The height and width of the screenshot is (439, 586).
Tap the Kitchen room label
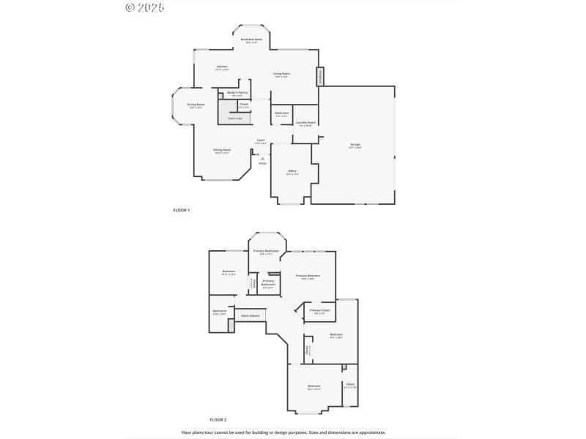click(222, 67)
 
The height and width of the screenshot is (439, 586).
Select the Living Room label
click(281, 73)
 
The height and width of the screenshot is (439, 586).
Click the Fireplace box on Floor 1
click(319, 77)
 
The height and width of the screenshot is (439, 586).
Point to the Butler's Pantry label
click(237, 92)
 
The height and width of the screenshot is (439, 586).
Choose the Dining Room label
click(196, 105)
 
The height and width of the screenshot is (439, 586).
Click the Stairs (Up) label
click(234, 118)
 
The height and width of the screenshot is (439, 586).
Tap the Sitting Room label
click(222, 150)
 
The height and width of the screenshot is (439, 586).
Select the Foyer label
click(260, 139)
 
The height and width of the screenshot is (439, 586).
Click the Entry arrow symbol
click(262, 158)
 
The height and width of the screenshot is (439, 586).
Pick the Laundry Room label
click(306, 122)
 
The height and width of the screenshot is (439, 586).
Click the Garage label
click(355, 145)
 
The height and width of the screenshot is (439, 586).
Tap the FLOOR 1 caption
click(181, 210)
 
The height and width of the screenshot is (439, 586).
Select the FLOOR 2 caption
click(218, 419)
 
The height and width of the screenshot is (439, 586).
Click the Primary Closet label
click(319, 310)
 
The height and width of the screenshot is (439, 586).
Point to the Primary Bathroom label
click(268, 282)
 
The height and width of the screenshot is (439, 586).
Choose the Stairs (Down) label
click(251, 315)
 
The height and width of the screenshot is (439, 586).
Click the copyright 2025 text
click(145, 7)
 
